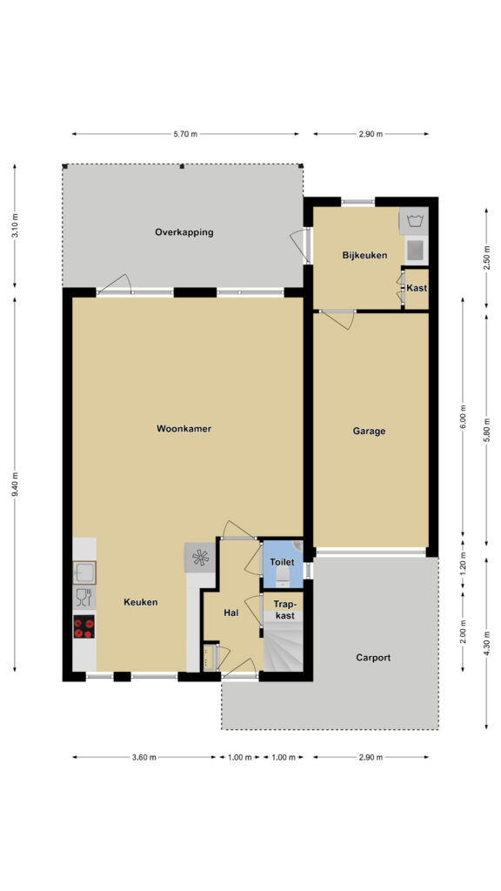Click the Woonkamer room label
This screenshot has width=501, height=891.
[x=184, y=429]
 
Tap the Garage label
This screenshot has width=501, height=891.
[x=369, y=432]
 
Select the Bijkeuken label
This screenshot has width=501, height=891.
[x=364, y=256]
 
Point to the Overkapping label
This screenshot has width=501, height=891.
[x=184, y=231]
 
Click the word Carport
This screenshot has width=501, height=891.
[x=373, y=658]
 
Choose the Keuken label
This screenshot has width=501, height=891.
[x=140, y=602]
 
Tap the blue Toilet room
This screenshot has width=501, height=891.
[x=283, y=563]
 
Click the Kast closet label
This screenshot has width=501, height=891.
[x=417, y=288]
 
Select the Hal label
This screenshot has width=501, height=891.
[x=230, y=613]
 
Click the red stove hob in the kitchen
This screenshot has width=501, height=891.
[x=84, y=626]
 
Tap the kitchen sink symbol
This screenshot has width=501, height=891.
[x=84, y=573]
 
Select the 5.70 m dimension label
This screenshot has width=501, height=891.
[x=185, y=135]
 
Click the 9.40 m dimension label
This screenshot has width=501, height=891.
[x=15, y=485]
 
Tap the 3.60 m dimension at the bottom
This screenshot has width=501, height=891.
[x=144, y=758]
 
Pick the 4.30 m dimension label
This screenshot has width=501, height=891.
[x=487, y=643]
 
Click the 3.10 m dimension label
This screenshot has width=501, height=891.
[x=15, y=226]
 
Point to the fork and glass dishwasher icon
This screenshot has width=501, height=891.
[x=83, y=597]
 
